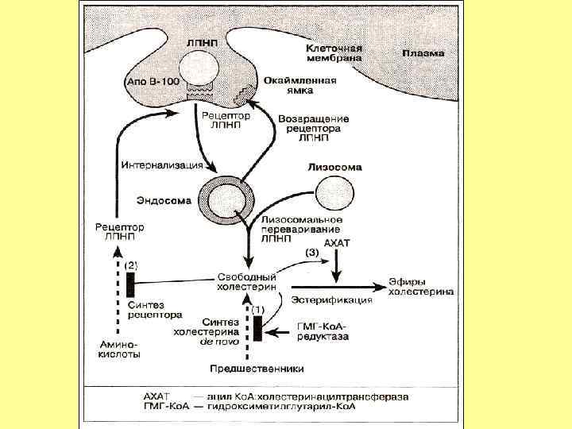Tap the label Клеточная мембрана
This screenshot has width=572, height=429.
(x=334, y=53)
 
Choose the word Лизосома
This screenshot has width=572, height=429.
(x=334, y=168)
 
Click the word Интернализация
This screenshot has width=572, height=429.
(x=161, y=166)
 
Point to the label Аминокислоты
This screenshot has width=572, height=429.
(x=119, y=350)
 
